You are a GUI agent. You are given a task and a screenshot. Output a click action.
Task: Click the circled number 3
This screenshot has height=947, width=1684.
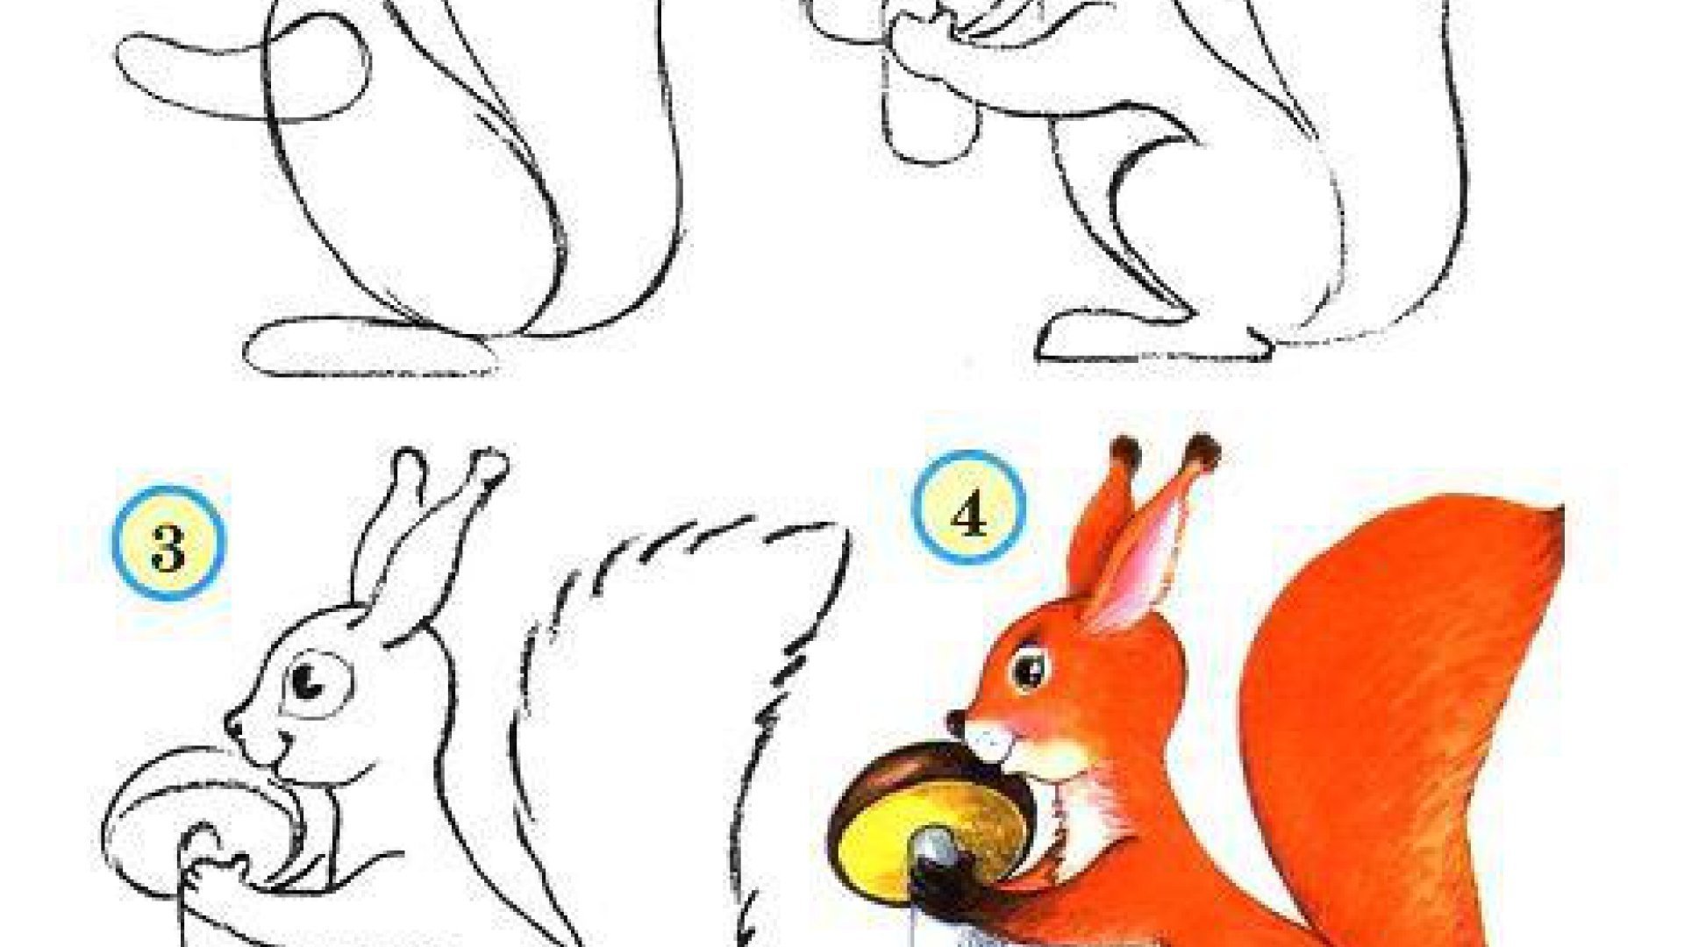168,544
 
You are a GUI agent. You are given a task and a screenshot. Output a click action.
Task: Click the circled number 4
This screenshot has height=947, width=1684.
968,509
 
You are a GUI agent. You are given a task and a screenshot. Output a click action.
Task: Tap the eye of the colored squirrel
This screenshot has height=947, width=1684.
1028,669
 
